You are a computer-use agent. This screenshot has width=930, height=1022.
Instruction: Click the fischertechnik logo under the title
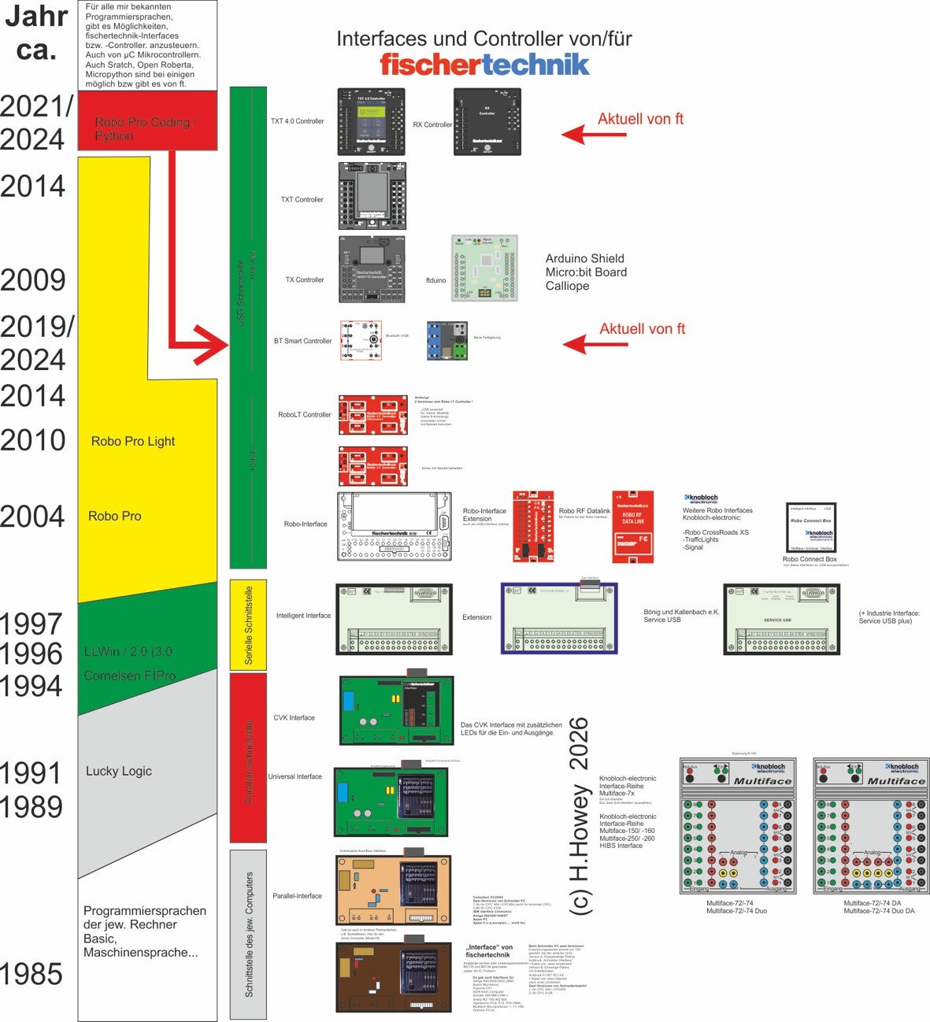(x=484, y=65)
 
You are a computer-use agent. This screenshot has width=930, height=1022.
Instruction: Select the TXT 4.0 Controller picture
(x=371, y=121)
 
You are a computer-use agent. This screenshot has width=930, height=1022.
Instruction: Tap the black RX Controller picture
(x=487, y=121)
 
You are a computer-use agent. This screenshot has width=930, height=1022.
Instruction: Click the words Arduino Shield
(x=584, y=258)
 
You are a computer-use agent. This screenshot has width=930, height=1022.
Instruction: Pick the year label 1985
(x=32, y=975)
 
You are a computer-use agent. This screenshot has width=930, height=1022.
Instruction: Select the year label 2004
(x=32, y=517)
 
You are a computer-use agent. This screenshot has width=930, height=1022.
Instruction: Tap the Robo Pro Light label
(x=132, y=442)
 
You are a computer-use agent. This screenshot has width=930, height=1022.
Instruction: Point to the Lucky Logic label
(x=118, y=771)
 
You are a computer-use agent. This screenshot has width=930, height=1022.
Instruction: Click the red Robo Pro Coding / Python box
(x=146, y=120)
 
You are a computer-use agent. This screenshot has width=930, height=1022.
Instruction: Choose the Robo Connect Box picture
(x=810, y=528)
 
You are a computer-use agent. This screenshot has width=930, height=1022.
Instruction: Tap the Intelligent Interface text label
(x=303, y=616)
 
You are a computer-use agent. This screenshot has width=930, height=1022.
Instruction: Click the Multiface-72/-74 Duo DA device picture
(x=870, y=826)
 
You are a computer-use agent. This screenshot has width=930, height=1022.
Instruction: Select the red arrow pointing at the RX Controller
(x=594, y=135)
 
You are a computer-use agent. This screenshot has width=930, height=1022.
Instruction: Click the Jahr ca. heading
(x=36, y=33)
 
